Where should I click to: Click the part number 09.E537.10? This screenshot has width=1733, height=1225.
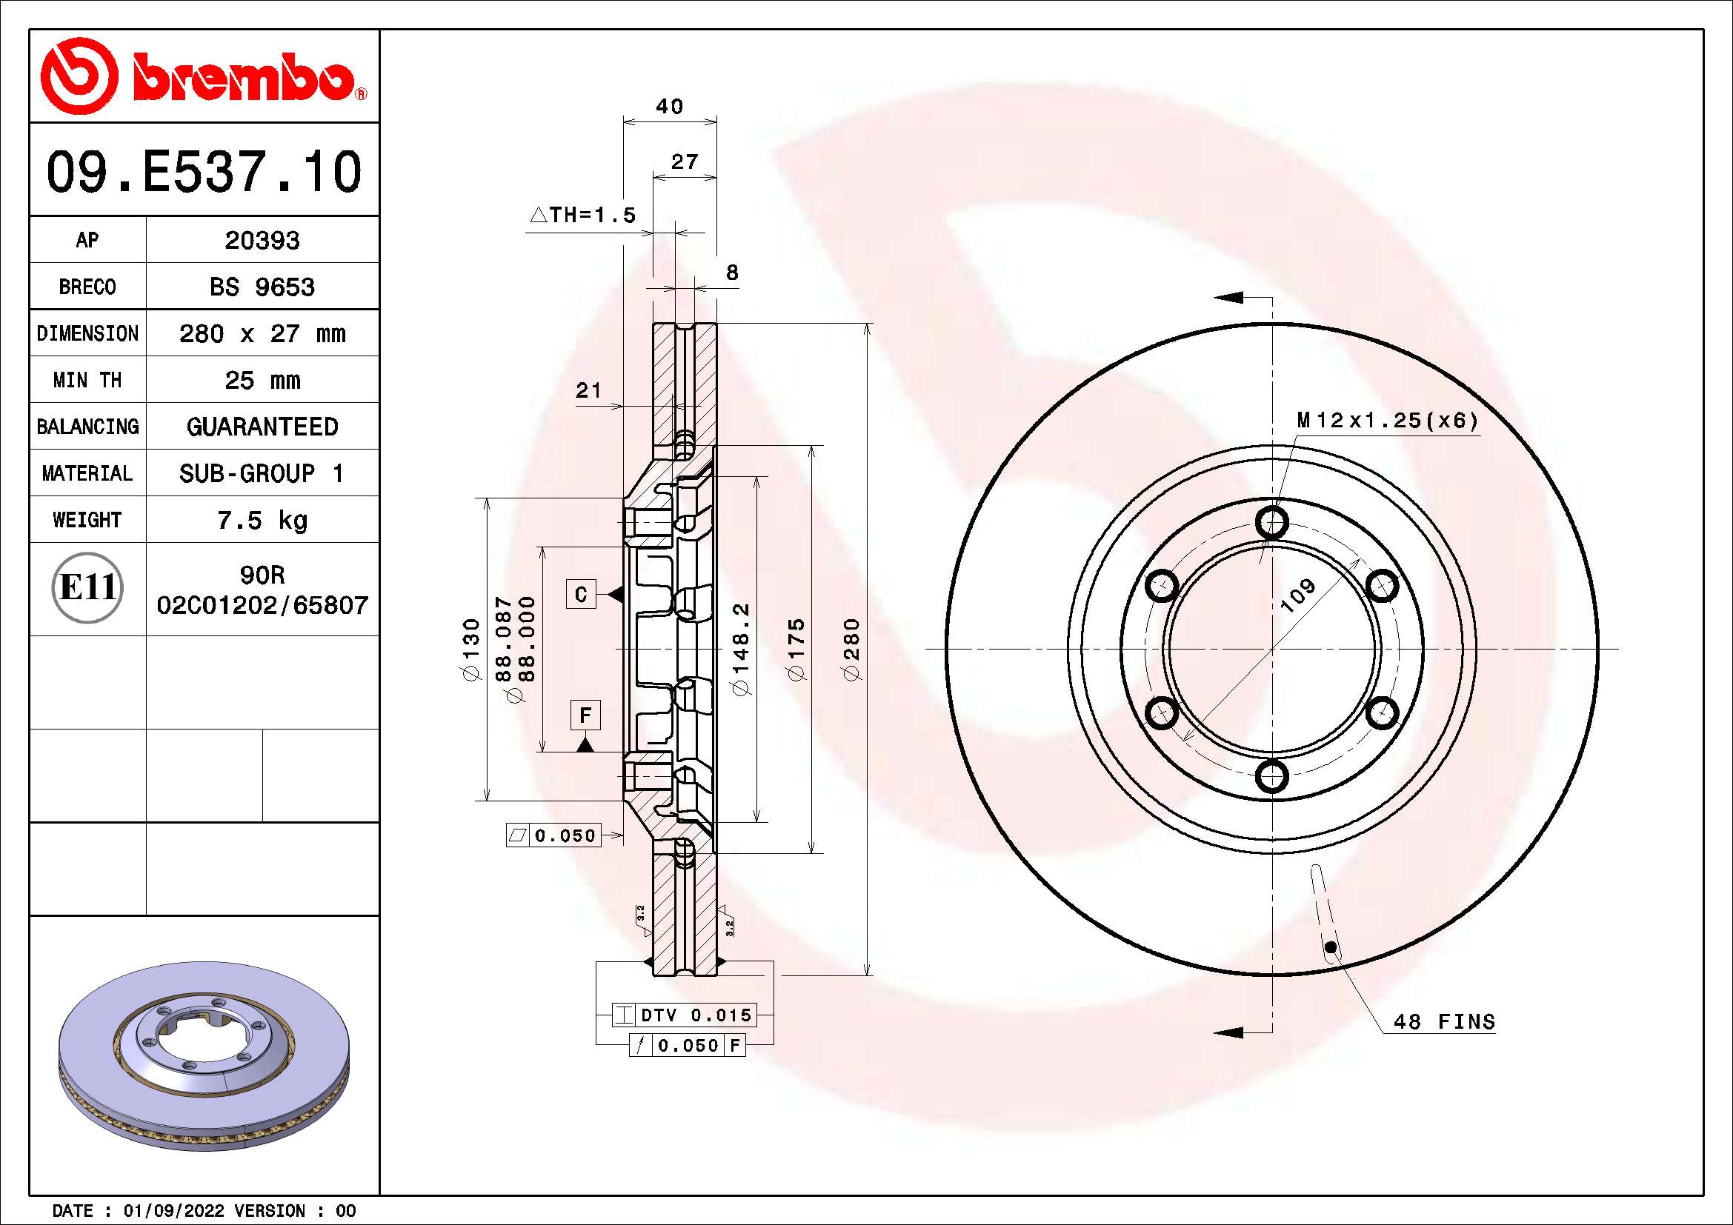pyautogui.click(x=204, y=172)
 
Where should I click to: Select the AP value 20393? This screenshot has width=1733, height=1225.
pyautogui.click(x=262, y=241)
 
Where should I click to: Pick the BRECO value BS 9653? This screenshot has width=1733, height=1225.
pyautogui.click(x=262, y=287)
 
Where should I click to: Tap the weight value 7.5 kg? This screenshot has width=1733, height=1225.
pyautogui.click(x=262, y=521)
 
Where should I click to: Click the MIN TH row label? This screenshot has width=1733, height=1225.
pyautogui.click(x=87, y=380)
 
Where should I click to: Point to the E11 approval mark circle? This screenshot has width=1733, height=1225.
pyautogui.click(x=87, y=587)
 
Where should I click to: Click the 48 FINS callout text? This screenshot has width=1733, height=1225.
pyautogui.click(x=1443, y=1022)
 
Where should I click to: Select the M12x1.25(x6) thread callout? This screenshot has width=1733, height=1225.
pyautogui.click(x=1386, y=420)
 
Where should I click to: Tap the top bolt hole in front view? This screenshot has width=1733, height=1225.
pyautogui.click(x=1272, y=521)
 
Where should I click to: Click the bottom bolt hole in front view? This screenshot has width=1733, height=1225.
pyautogui.click(x=1272, y=775)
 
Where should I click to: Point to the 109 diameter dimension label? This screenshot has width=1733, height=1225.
pyautogui.click(x=1297, y=595)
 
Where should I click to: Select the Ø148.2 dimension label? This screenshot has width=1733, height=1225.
pyautogui.click(x=742, y=649)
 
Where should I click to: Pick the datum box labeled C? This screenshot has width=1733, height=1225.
pyautogui.click(x=581, y=595)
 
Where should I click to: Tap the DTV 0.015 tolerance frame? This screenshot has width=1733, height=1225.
pyautogui.click(x=685, y=1015)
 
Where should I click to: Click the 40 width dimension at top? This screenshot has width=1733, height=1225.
pyautogui.click(x=669, y=107)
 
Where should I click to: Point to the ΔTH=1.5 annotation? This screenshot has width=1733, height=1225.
pyautogui.click(x=582, y=216)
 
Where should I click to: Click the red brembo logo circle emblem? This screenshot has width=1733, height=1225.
pyautogui.click(x=79, y=76)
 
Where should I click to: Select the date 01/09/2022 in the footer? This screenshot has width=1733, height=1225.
pyautogui.click(x=173, y=1211)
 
